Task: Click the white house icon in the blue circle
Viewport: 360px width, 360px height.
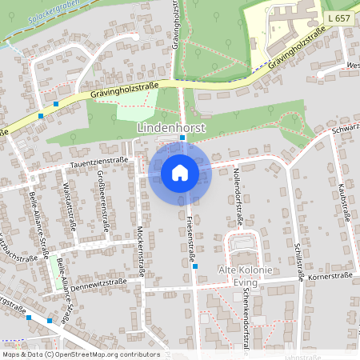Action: [x=179, y=173]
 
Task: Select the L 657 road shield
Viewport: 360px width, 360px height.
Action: [x=337, y=16]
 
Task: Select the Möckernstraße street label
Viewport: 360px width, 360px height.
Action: [x=142, y=250]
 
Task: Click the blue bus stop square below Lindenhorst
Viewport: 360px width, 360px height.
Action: [x=182, y=138]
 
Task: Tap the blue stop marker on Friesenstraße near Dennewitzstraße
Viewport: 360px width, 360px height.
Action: [x=194, y=268]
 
